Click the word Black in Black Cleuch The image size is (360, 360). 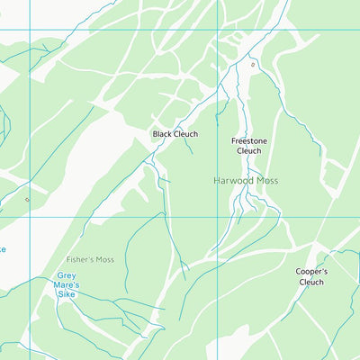163,134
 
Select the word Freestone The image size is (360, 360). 248,140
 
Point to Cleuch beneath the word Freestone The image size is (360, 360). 248,151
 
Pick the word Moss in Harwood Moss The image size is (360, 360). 267,181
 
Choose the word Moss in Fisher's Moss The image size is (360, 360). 106,260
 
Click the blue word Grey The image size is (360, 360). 67,275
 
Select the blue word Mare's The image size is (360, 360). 67,285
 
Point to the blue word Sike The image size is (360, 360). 67,295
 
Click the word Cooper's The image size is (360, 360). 311,271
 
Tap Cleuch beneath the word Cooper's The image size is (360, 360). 311,282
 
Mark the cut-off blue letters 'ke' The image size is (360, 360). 3,249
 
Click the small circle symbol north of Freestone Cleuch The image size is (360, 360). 253,65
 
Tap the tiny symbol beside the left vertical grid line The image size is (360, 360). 26,200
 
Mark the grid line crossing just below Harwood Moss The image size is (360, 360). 218,216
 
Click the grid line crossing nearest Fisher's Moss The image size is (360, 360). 30,216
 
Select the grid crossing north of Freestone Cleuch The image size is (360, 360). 218,30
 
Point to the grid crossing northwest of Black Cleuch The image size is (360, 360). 30,30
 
